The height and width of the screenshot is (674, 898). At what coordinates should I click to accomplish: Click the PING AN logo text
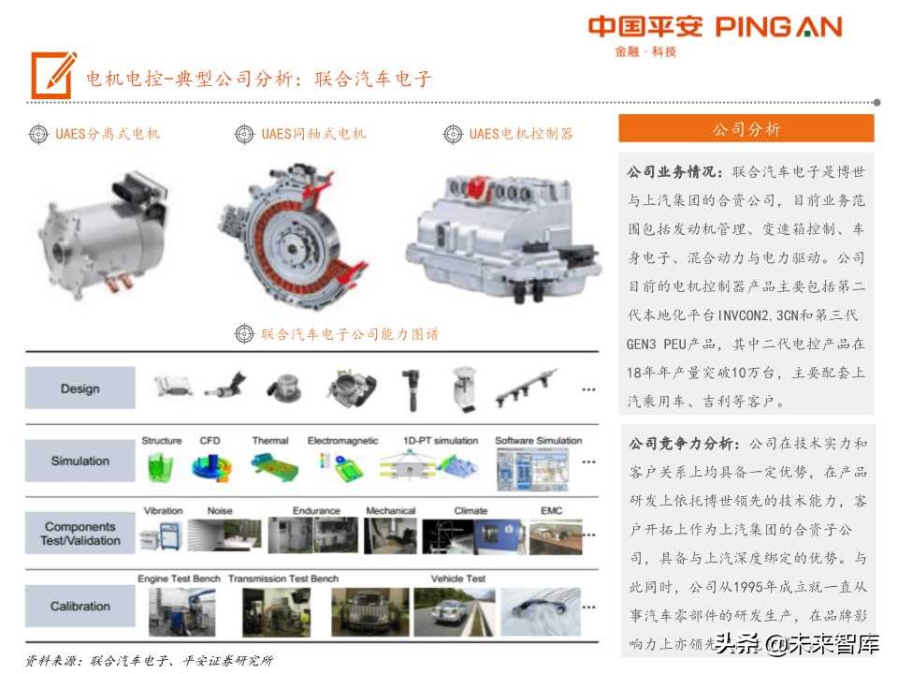778,26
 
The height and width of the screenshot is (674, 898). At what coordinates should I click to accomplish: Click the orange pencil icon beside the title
53,76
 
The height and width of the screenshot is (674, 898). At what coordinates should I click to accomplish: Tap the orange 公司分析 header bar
746,129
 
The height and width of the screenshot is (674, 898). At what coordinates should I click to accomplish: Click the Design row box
80,388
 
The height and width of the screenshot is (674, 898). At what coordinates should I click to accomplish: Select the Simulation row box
80,461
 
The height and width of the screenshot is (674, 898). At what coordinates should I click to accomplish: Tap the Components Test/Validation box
80,534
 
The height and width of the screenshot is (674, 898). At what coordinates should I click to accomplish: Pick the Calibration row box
80,607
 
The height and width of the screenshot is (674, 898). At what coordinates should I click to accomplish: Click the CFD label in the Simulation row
210,441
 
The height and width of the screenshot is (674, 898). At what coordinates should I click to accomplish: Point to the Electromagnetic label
342,441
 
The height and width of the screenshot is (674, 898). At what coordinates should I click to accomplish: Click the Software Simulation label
538,441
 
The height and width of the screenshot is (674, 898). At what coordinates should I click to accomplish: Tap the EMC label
551,511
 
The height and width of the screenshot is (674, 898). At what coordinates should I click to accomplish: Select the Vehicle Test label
457,579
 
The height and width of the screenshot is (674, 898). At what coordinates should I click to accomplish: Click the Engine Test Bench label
179,579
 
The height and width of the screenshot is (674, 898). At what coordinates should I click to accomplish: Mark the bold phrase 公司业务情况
674,172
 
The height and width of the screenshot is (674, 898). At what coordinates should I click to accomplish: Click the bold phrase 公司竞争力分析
684,443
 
